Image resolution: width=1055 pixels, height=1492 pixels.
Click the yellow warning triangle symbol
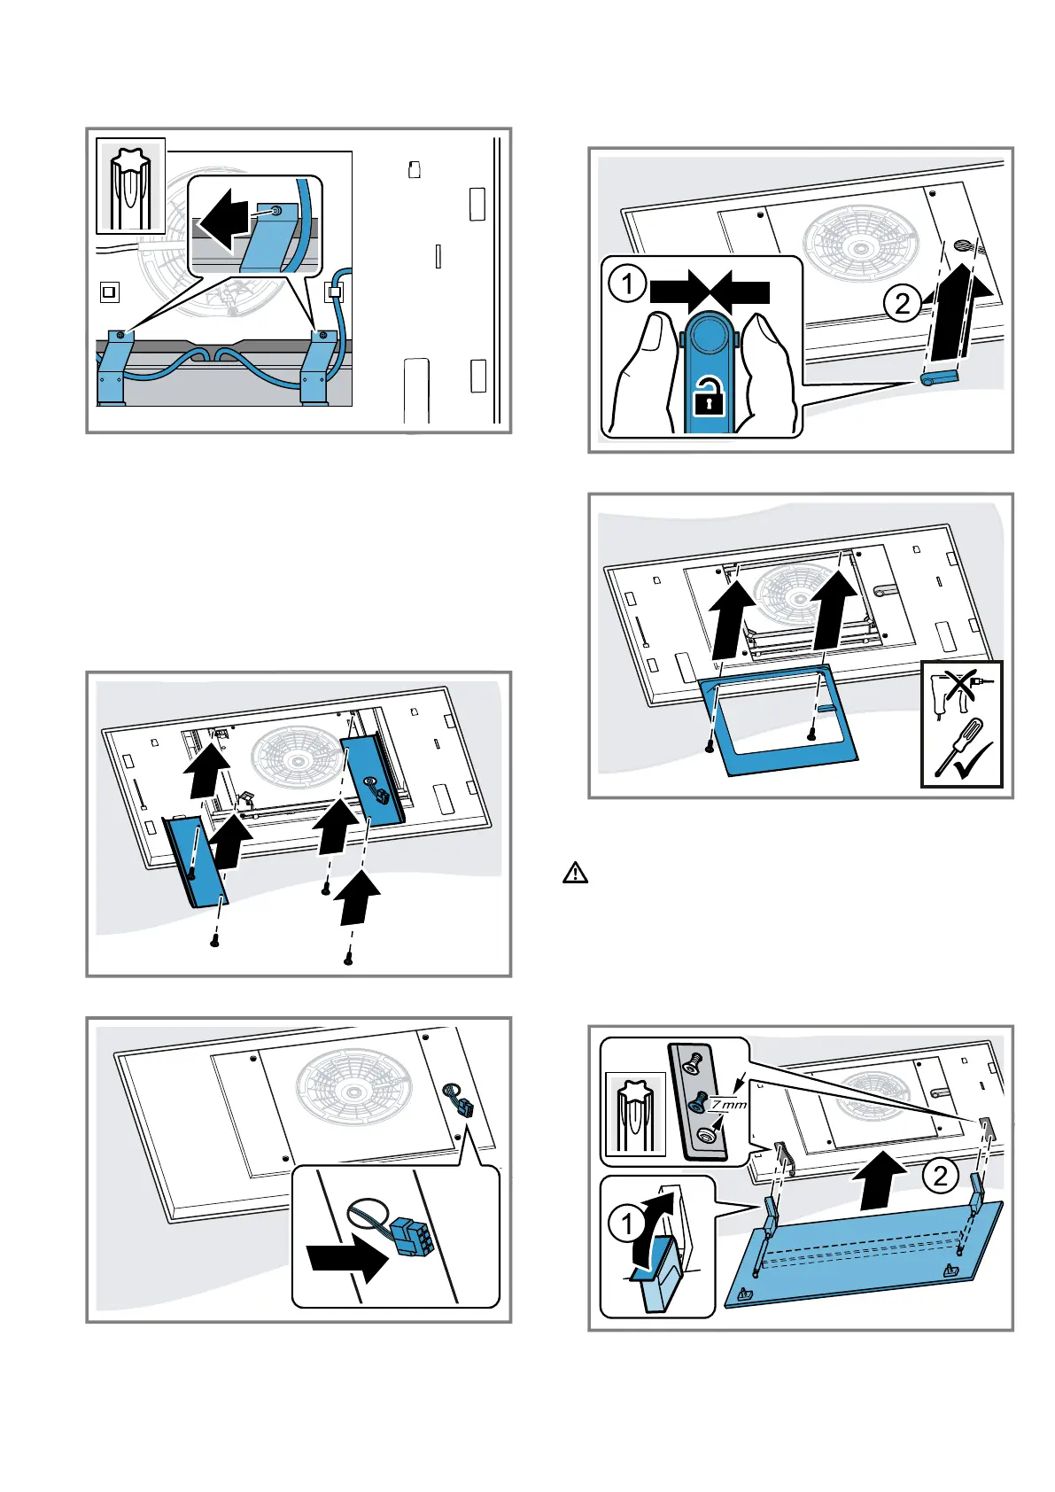point(575,874)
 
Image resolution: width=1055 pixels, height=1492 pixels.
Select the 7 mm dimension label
point(729,1104)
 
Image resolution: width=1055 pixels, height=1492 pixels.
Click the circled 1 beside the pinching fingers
point(628,284)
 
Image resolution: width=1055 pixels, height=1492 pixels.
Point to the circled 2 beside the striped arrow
point(903,304)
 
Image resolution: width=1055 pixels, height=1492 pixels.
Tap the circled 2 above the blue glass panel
point(940,1175)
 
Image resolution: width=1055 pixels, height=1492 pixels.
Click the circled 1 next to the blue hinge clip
point(627,1224)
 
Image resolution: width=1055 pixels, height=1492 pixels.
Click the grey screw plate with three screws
point(699,1100)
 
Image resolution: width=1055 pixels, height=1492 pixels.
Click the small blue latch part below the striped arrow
point(938,377)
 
